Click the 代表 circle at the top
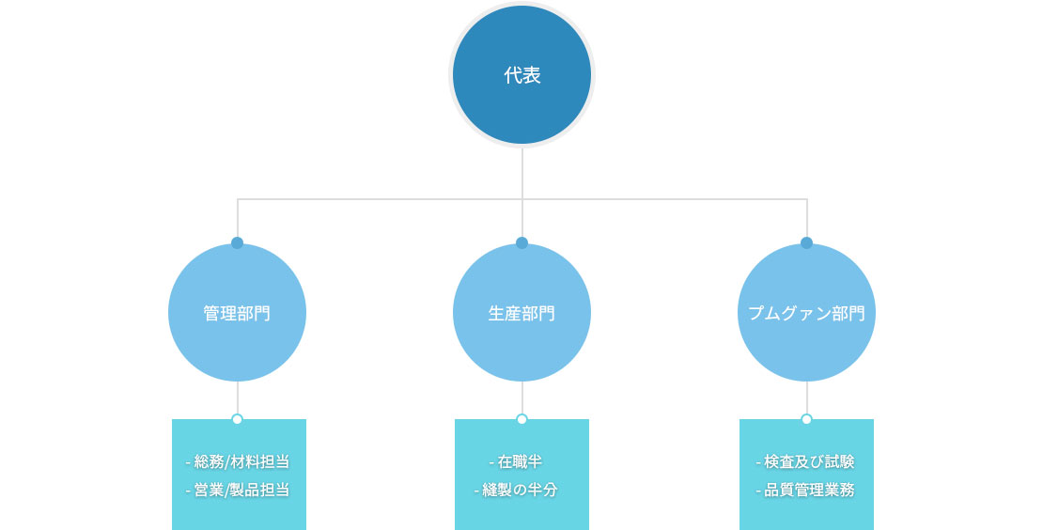(522, 74)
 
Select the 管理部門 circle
(238, 313)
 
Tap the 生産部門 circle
(522, 313)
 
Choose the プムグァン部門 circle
(807, 313)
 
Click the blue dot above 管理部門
(238, 242)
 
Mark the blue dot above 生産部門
(522, 242)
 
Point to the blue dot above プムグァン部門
(807, 242)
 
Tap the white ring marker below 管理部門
(238, 419)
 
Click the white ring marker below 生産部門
(522, 419)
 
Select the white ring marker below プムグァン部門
(807, 419)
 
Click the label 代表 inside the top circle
(522, 75)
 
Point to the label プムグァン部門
(807, 313)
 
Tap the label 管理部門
(238, 313)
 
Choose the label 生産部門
(522, 313)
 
